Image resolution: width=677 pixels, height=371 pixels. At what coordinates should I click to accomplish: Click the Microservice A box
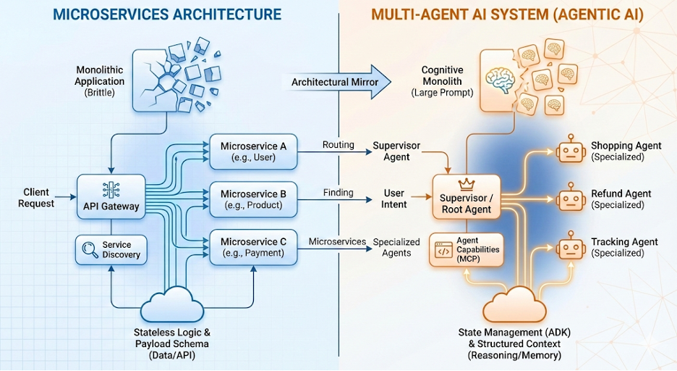tap(252, 151)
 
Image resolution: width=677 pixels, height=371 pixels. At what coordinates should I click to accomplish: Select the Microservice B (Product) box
tap(252, 199)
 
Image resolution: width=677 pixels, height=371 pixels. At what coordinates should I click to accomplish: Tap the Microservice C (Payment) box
tap(252, 247)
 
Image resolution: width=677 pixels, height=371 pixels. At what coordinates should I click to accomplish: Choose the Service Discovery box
tap(111, 250)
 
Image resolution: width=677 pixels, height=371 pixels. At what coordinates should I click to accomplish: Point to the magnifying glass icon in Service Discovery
tap(90, 250)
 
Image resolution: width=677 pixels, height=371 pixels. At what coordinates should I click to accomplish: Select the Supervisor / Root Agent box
tap(466, 197)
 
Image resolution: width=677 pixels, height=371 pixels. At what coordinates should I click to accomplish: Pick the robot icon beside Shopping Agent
tap(571, 150)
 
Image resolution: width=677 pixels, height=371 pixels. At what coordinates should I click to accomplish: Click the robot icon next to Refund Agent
tap(571, 199)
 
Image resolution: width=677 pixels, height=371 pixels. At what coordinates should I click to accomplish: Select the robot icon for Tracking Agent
tap(571, 247)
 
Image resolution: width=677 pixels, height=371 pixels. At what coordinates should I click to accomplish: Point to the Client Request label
tap(36, 198)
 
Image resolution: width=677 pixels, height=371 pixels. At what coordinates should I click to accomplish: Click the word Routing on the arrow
tap(338, 144)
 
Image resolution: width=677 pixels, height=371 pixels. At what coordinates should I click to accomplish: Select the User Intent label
tap(394, 199)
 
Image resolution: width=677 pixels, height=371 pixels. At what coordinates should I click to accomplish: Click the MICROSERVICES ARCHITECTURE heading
tap(169, 14)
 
